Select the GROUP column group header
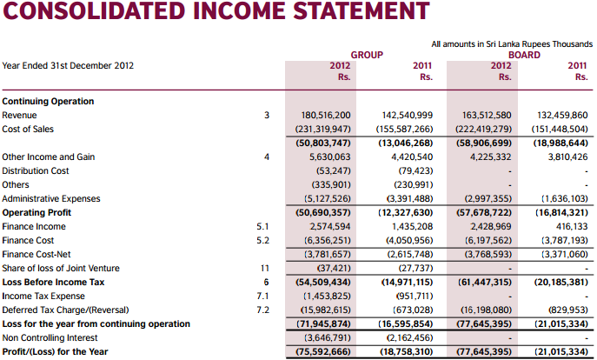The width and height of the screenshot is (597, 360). [x=367, y=54]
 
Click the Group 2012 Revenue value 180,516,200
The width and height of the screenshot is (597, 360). [x=325, y=115]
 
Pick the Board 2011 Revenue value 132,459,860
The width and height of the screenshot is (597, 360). [x=563, y=115]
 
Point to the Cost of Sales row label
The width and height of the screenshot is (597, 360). [x=28, y=129]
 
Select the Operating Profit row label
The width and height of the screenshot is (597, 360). [x=36, y=212]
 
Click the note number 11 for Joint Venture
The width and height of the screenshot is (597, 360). [x=265, y=268]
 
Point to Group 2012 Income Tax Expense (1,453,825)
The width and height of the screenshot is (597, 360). [x=326, y=296]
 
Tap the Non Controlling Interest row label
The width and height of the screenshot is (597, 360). [x=49, y=337]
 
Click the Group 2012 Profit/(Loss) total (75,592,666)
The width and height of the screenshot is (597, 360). [x=323, y=351]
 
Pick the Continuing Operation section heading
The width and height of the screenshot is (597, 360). [x=48, y=101]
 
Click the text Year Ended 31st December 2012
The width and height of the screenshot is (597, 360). [x=68, y=64]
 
